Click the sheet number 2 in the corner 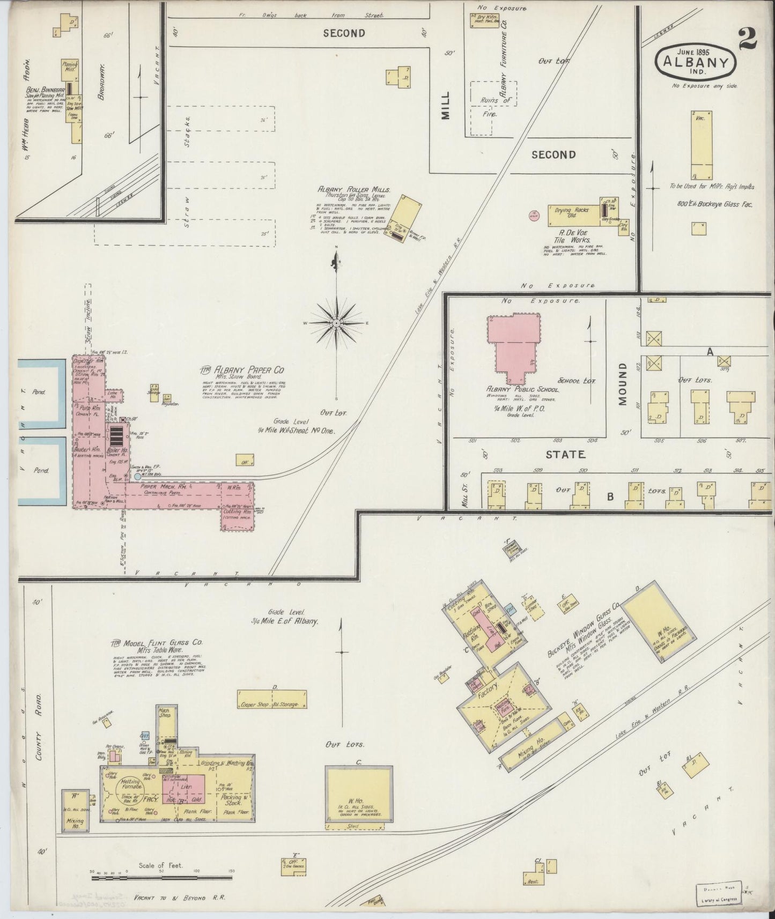pyautogui.click(x=748, y=39)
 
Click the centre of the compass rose pyautogui.click(x=336, y=323)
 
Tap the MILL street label pyautogui.click(x=446, y=105)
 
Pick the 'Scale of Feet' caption pyautogui.click(x=161, y=865)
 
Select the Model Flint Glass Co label pyautogui.click(x=157, y=643)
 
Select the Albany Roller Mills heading pyautogui.click(x=354, y=189)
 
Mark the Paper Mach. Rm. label pyautogui.click(x=160, y=486)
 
